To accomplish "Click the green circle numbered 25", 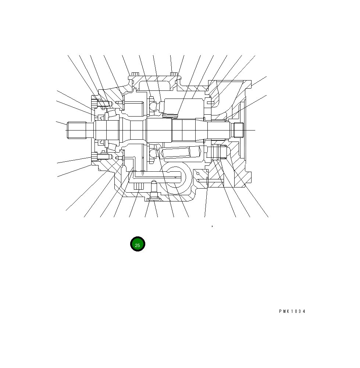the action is tap(138, 244).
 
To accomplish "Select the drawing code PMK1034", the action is tap(292, 311).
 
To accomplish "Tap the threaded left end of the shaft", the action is tap(76, 130).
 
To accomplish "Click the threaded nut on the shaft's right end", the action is tap(237, 130).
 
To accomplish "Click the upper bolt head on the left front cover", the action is tap(94, 103).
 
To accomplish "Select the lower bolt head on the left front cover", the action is tap(94, 156).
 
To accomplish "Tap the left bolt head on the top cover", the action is tap(135, 74).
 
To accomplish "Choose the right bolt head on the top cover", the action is tap(174, 74).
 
